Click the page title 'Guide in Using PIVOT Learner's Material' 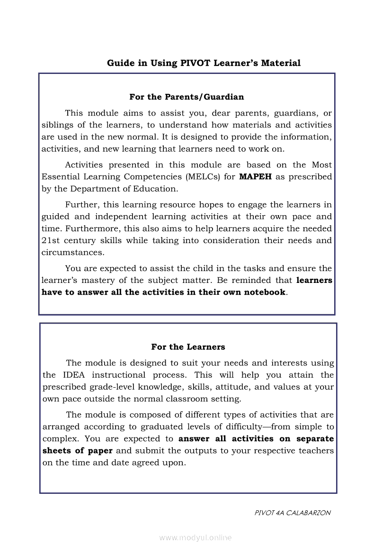pyautogui.click(x=204, y=63)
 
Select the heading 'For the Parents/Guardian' pyautogui.click(x=187, y=97)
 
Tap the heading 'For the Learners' pyautogui.click(x=188, y=347)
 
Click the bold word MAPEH pyautogui.click(x=256, y=177)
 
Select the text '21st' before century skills pyautogui.click(x=50, y=240)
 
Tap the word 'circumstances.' pyautogui.click(x=73, y=252)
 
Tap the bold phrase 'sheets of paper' pyautogui.click(x=78, y=451)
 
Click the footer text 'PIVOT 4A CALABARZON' pyautogui.click(x=293, y=513)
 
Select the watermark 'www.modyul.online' pyautogui.click(x=195, y=538)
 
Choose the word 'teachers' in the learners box pyautogui.click(x=316, y=451)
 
